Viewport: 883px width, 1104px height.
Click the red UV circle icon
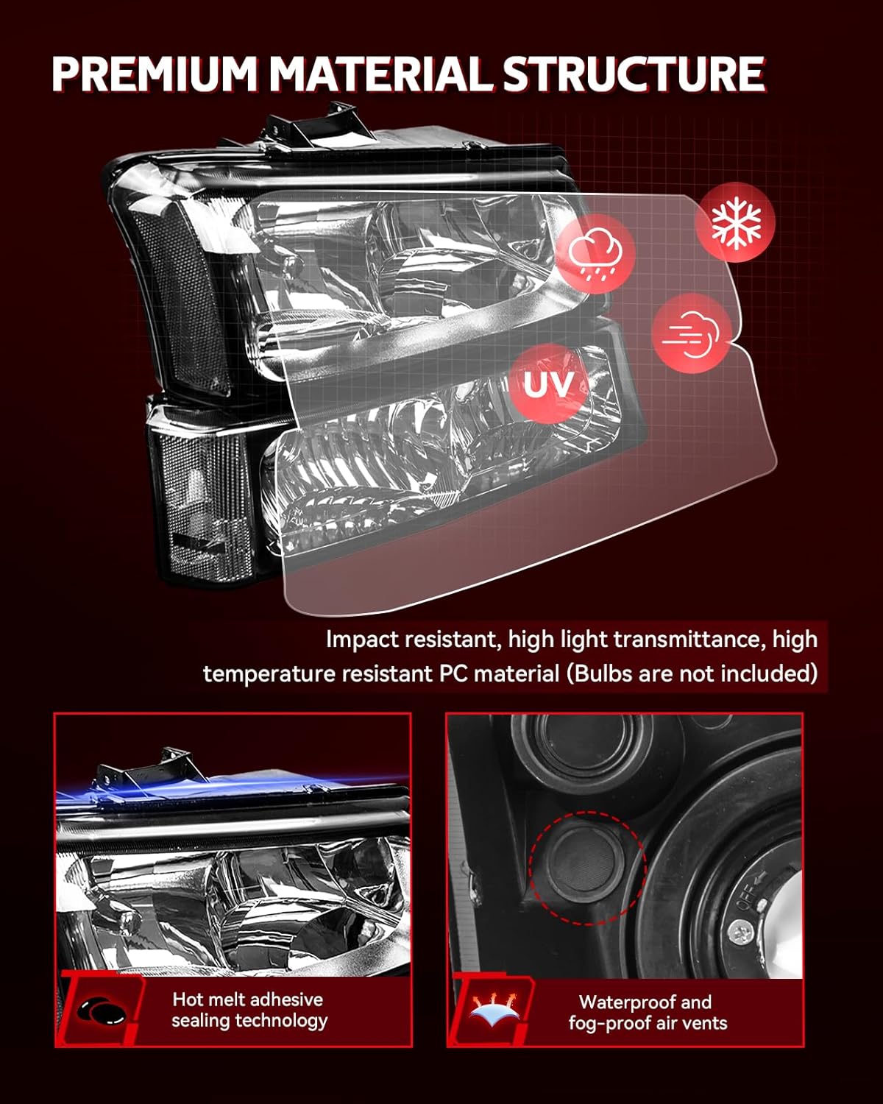click(x=549, y=384)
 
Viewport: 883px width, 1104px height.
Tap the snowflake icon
click(x=736, y=222)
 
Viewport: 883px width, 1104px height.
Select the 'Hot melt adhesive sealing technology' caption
click(x=249, y=1010)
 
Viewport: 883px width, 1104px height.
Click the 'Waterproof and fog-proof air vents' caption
click(x=647, y=1012)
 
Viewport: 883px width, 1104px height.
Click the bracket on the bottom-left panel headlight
click(x=140, y=769)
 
